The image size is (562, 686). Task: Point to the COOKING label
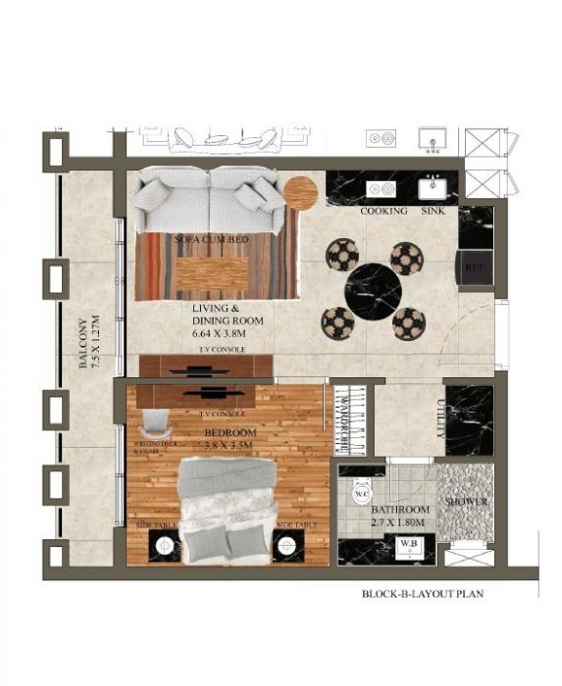point(383,212)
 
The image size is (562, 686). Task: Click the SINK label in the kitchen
point(433,212)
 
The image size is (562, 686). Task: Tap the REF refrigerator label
point(476,267)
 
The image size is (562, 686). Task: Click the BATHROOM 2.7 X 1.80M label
point(401,516)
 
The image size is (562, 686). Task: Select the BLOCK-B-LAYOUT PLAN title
point(424,594)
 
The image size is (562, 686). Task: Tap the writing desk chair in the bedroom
point(156,424)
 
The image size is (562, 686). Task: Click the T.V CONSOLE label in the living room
point(222,350)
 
